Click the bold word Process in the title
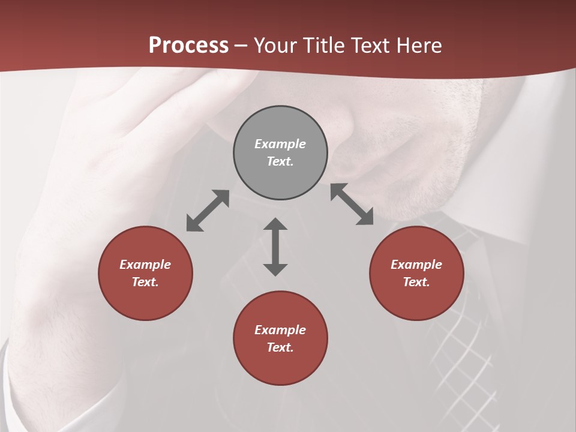188,46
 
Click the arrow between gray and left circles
208,211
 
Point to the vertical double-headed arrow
275,247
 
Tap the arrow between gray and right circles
352,204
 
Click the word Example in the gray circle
280,144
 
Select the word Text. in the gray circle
280,161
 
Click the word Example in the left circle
145,265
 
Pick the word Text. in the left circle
145,282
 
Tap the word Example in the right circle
416,265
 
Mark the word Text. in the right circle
416,282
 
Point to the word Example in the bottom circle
280,330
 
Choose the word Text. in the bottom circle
280,347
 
